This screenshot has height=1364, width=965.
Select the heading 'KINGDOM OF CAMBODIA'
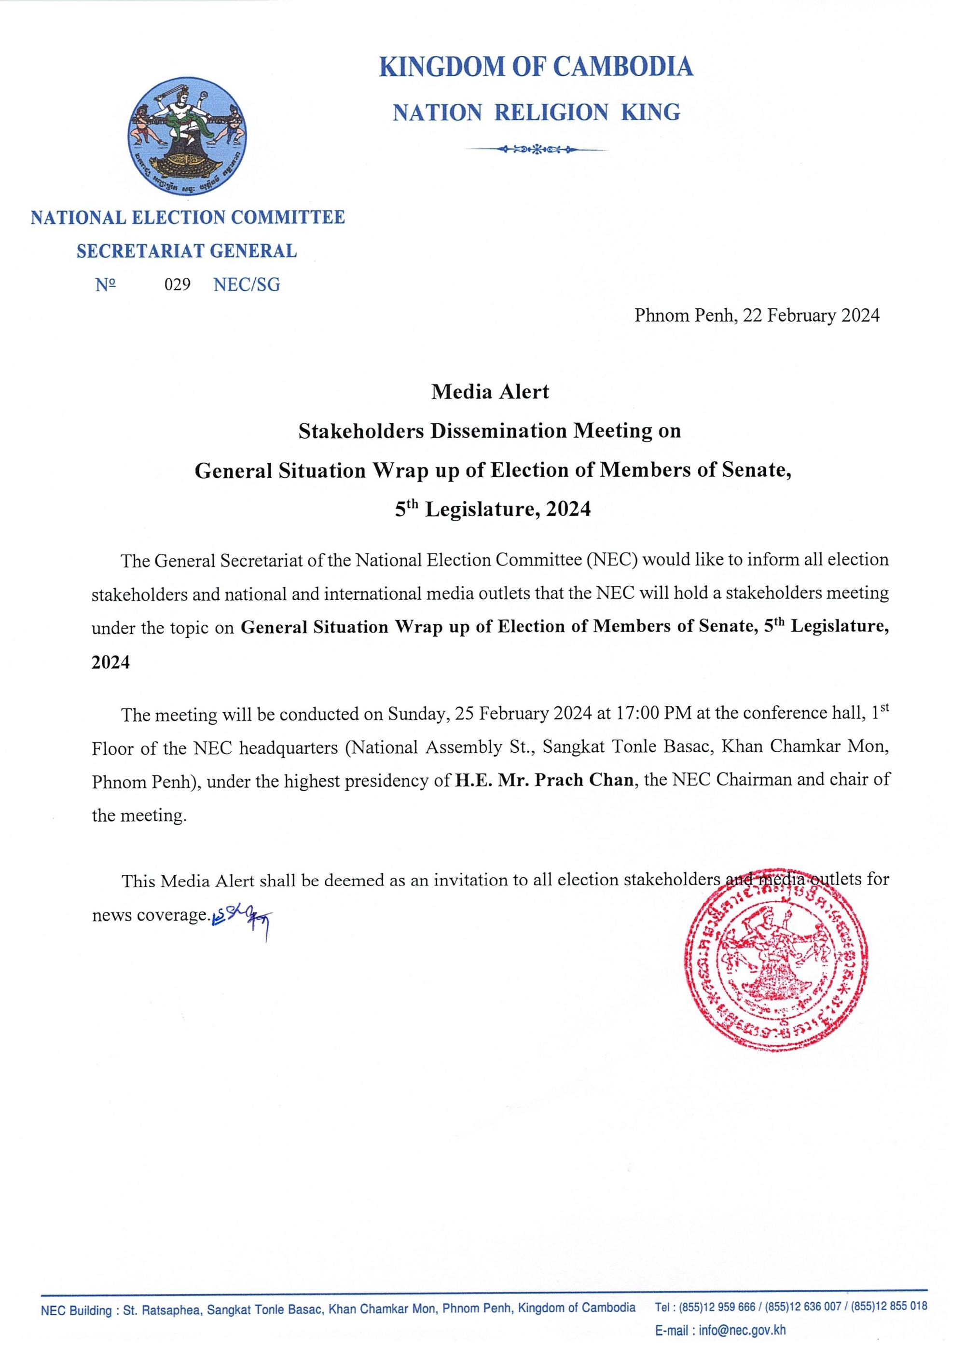coord(536,67)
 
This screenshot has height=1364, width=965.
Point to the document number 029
coord(178,285)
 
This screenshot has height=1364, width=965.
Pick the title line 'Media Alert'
coord(490,392)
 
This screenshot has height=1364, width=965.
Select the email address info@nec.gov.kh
coord(742,1330)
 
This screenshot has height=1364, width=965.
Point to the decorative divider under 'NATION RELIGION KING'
coord(537,149)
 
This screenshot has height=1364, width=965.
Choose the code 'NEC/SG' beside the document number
coord(247,285)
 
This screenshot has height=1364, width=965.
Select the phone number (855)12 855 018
coord(888,1307)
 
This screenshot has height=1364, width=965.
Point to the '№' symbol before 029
coord(106,285)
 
